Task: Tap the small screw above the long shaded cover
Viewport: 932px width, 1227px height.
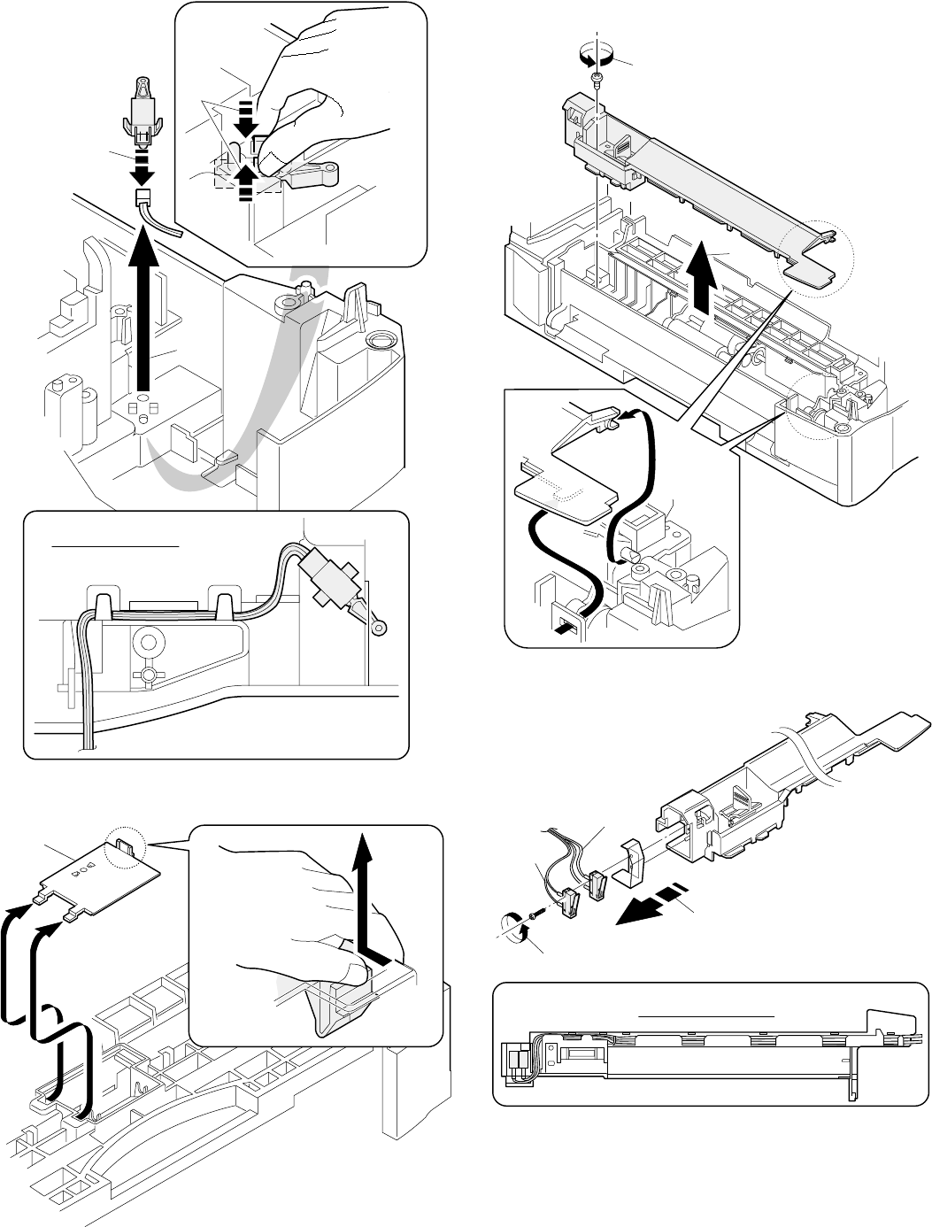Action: coord(598,81)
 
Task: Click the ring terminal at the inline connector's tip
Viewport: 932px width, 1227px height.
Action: coord(379,628)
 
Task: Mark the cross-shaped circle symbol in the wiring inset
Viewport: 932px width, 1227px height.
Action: coord(149,675)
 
